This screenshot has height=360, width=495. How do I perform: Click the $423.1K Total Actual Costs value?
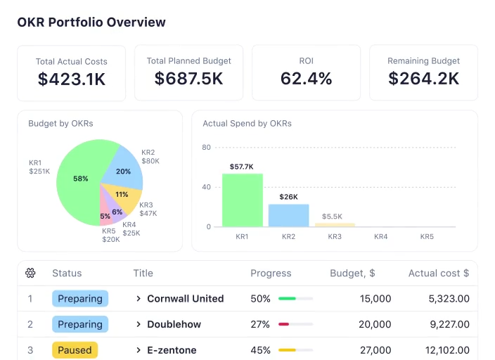pyautogui.click(x=72, y=79)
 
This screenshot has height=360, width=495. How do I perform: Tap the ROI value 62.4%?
pyautogui.click(x=306, y=79)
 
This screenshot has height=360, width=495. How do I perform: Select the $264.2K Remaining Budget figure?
pyautogui.click(x=423, y=79)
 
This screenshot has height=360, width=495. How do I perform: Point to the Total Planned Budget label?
pyautogui.click(x=188, y=61)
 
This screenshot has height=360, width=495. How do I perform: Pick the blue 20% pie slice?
pyautogui.click(x=122, y=169)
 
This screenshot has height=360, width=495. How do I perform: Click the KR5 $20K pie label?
pyautogui.click(x=110, y=235)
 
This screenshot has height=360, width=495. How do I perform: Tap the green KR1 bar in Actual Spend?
pyautogui.click(x=242, y=200)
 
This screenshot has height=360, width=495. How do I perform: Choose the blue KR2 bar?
pyautogui.click(x=288, y=215)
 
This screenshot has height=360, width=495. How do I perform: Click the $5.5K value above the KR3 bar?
pyautogui.click(x=333, y=217)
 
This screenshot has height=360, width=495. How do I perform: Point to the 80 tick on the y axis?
pyautogui.click(x=207, y=148)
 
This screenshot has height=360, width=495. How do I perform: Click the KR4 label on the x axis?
pyautogui.click(x=380, y=237)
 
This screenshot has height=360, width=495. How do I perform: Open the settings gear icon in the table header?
pyautogui.click(x=30, y=273)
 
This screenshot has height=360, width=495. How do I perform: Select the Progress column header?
pyautogui.click(x=271, y=273)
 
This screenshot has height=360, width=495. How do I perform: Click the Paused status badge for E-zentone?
pyautogui.click(x=75, y=350)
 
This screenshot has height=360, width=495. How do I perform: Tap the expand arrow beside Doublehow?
pyautogui.click(x=139, y=325)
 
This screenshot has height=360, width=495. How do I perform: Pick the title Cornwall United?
pyautogui.click(x=185, y=299)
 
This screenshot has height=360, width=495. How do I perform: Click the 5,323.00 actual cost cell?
pyautogui.click(x=449, y=299)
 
